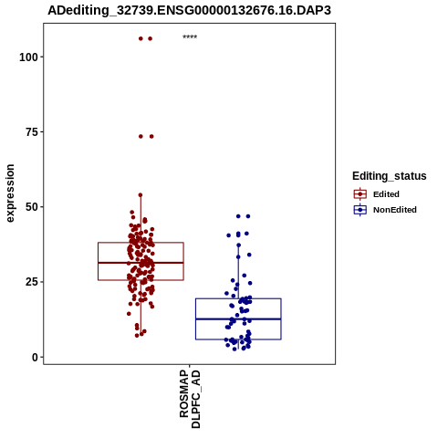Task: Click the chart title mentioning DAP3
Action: pos(189,10)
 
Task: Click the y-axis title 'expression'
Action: pos(10,193)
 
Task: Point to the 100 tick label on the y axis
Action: pos(28,57)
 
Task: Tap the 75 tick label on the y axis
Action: pos(32,132)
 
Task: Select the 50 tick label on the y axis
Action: pos(32,207)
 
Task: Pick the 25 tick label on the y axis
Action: pos(32,282)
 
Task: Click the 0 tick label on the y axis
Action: pos(35,357)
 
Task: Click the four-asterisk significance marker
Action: pos(190,37)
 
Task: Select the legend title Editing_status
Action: pos(390,176)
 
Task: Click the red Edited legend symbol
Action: pos(360,194)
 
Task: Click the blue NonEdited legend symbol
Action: pos(360,210)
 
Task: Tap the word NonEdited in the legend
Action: pos(395,210)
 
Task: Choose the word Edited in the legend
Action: pos(386,194)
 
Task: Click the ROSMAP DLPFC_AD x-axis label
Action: pos(190,399)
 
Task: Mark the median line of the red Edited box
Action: pos(141,263)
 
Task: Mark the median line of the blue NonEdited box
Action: pos(238,319)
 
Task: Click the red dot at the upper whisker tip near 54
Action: pos(141,195)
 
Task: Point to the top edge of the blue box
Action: pos(238,298)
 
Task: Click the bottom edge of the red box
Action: pos(141,280)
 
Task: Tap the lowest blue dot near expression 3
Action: pos(235,349)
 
